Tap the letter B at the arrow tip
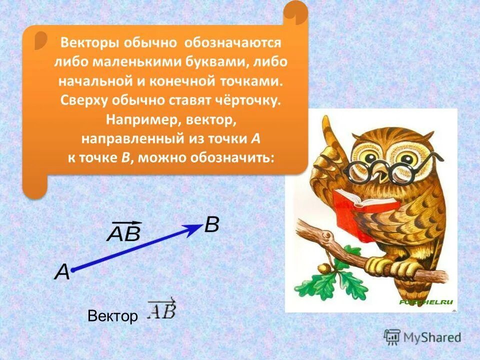tap(211, 225)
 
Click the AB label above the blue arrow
tap(123, 231)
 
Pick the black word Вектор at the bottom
tap(112, 316)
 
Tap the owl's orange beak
tap(380, 174)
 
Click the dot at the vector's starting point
tap(73, 270)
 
